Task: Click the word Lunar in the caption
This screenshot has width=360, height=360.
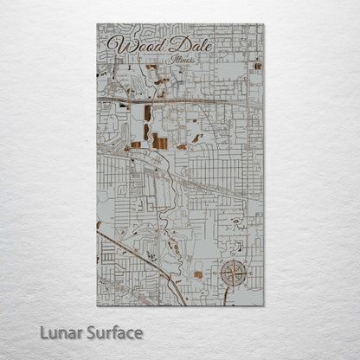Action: click(x=61, y=332)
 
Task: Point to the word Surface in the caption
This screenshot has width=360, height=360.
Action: click(x=113, y=332)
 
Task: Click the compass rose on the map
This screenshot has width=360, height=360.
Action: click(x=232, y=274)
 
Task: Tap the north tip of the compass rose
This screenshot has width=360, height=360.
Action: click(x=232, y=260)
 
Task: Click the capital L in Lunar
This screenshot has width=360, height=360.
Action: click(x=44, y=332)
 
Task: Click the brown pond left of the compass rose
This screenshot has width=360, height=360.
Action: click(x=198, y=274)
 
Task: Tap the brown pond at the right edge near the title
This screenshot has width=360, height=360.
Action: click(x=257, y=66)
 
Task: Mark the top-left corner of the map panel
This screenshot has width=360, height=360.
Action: click(x=97, y=24)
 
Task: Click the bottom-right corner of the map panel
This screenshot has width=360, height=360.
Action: click(x=264, y=305)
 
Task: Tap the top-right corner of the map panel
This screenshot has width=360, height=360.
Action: click(x=264, y=24)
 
